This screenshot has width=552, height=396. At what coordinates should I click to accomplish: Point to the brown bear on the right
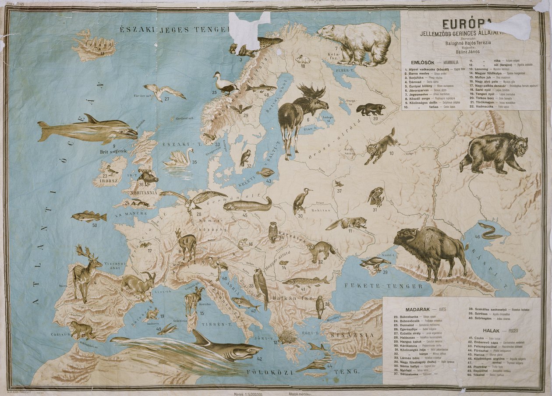[x=493, y=152]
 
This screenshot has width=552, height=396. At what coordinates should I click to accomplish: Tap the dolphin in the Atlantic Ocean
[x=88, y=129]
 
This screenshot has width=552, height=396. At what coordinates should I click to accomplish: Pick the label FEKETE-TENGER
[x=383, y=286]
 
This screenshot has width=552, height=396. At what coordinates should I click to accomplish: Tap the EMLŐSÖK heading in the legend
[x=420, y=62]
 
